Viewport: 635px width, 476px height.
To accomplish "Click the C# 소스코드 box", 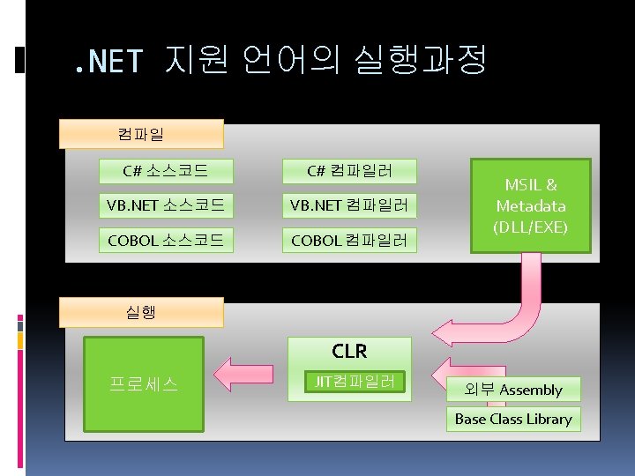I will click(166, 170).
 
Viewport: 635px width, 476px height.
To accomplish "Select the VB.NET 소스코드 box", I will click(166, 206).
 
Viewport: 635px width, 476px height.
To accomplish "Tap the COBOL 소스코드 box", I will click(166, 239).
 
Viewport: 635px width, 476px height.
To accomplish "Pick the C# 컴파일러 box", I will click(349, 170).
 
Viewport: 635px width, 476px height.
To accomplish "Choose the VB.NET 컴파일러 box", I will click(349, 206).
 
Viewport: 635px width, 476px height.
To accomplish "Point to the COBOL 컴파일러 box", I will click(349, 239).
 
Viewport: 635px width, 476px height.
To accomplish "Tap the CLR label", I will click(349, 351).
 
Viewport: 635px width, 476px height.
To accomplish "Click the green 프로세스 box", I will click(144, 384).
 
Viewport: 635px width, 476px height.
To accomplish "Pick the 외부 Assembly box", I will click(518, 390).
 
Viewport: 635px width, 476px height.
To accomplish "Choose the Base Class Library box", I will click(513, 419).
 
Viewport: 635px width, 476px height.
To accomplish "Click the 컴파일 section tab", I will click(140, 135).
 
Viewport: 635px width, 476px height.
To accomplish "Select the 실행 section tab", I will click(140, 312).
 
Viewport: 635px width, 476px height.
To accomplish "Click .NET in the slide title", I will click(108, 61).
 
